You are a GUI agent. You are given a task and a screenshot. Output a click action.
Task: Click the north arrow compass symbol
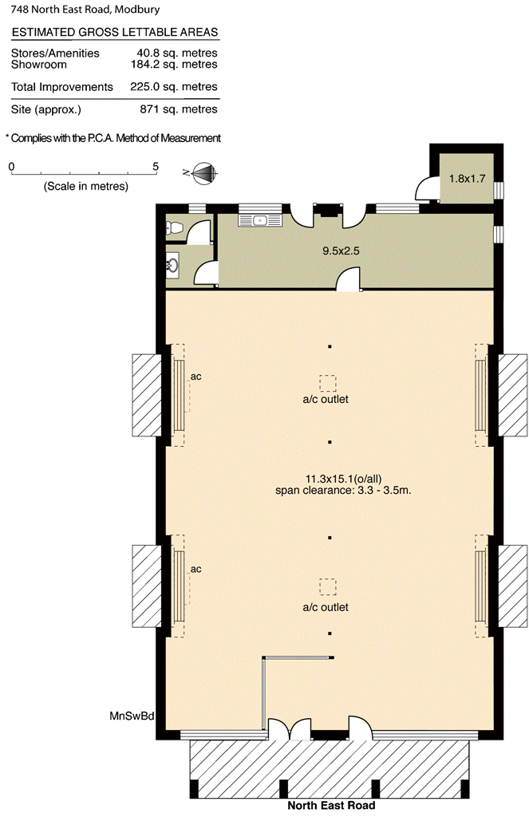pyautogui.click(x=204, y=173)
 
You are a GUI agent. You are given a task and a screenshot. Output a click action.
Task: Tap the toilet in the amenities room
pyautogui.click(x=174, y=227)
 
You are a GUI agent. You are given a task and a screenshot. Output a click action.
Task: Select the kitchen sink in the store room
pyautogui.click(x=260, y=220)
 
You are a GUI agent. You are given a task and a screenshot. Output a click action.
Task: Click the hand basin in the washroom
pyautogui.click(x=172, y=265)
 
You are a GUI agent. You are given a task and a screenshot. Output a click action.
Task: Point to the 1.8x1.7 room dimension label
pyautogui.click(x=467, y=178)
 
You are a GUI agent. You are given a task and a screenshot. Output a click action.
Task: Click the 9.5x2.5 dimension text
pyautogui.click(x=341, y=251)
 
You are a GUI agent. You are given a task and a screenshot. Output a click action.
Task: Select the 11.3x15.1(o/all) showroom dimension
pyautogui.click(x=343, y=479)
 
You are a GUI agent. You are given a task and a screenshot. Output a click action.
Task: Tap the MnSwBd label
pyautogui.click(x=132, y=716)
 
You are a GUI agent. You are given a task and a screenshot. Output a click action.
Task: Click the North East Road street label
pyautogui.click(x=331, y=806)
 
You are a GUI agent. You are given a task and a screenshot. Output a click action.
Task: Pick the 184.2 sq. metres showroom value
pyautogui.click(x=174, y=65)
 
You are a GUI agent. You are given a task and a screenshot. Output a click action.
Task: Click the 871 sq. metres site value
pyautogui.click(x=179, y=109)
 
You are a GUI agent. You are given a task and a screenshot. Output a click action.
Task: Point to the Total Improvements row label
pyautogui.click(x=62, y=87)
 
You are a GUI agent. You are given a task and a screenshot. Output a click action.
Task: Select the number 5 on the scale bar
pyautogui.click(x=156, y=167)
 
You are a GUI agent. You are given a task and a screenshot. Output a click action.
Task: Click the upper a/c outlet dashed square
pyautogui.click(x=328, y=384)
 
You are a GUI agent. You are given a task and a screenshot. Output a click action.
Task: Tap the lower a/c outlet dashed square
pyautogui.click(x=328, y=586)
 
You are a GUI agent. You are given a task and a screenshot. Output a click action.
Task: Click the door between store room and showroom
pyautogui.click(x=348, y=279)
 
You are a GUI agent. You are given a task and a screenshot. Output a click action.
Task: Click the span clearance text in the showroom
pyautogui.click(x=343, y=490)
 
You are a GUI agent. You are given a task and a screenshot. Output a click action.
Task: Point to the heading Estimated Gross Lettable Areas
pyautogui.click(x=115, y=32)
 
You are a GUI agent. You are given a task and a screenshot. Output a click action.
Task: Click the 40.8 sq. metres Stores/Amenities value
pyautogui.click(x=177, y=53)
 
